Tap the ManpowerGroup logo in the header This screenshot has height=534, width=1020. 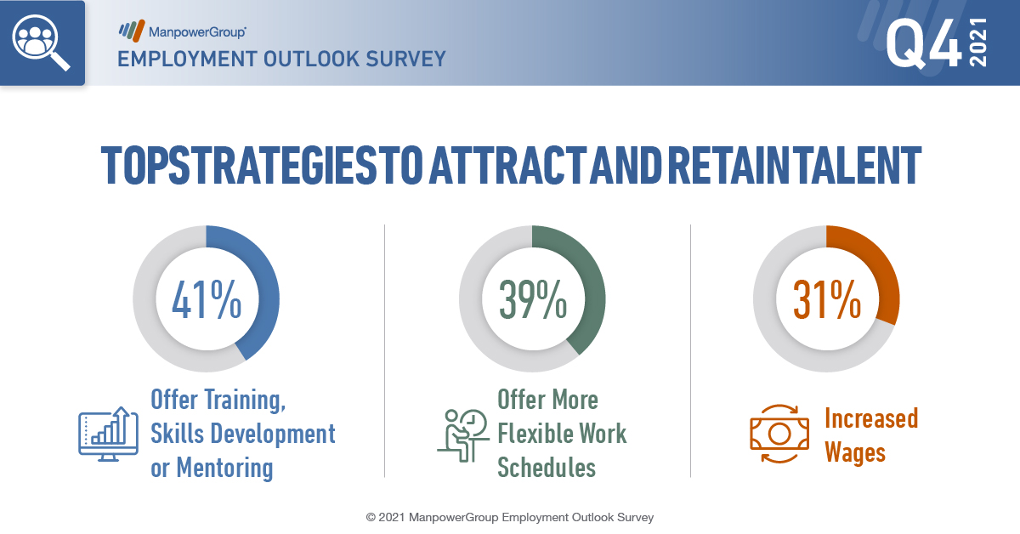click(182, 31)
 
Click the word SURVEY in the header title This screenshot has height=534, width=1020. click(405, 60)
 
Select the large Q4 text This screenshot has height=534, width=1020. click(924, 43)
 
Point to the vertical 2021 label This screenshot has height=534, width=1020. click(978, 43)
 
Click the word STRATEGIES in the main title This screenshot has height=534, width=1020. click(272, 165)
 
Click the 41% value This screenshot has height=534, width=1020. click(207, 299)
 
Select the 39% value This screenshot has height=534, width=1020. click(533, 299)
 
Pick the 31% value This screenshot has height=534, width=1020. click(827, 299)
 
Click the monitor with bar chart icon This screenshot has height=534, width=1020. click(109, 435)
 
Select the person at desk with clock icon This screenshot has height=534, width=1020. click(463, 435)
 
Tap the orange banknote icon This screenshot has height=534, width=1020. click(779, 434)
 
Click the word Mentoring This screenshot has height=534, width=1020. click(225, 468)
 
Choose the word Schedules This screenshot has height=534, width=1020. click(547, 468)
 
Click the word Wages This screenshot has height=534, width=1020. click(855, 453)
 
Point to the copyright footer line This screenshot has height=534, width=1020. click(510, 517)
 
